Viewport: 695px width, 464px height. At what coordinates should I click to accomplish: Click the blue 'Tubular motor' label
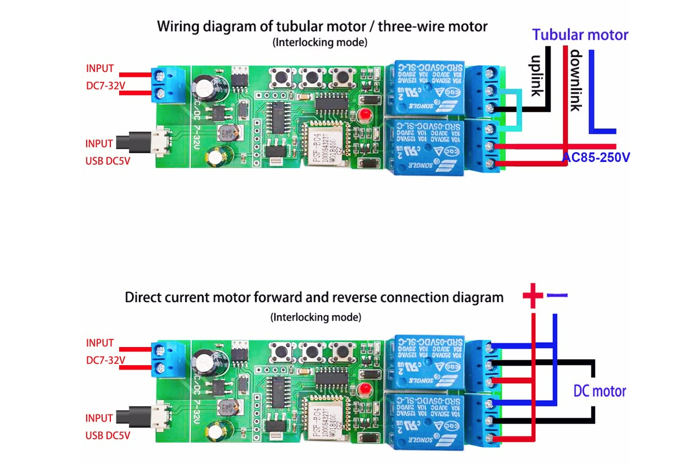(x=580, y=35)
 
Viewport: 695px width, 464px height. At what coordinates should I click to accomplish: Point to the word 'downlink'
(x=575, y=80)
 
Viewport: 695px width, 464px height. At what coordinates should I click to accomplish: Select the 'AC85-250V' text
(x=596, y=158)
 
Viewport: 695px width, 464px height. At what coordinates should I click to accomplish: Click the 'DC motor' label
(x=599, y=391)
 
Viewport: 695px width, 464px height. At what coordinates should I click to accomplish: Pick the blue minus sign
(x=557, y=295)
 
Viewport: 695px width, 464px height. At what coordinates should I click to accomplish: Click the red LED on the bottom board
(x=363, y=390)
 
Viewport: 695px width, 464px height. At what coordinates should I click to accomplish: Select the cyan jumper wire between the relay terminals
(x=519, y=110)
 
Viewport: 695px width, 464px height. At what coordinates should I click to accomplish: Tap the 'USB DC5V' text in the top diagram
(x=108, y=161)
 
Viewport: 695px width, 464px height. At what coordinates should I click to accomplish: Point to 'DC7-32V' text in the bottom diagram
(x=105, y=360)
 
